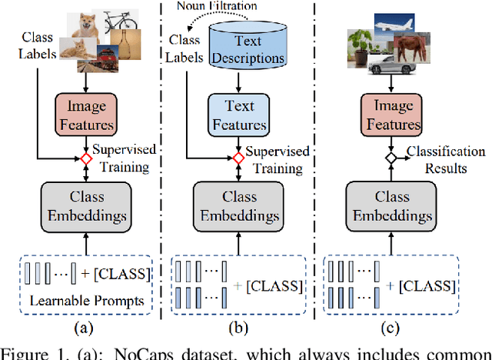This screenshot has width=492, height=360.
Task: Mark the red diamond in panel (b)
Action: click(x=239, y=158)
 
